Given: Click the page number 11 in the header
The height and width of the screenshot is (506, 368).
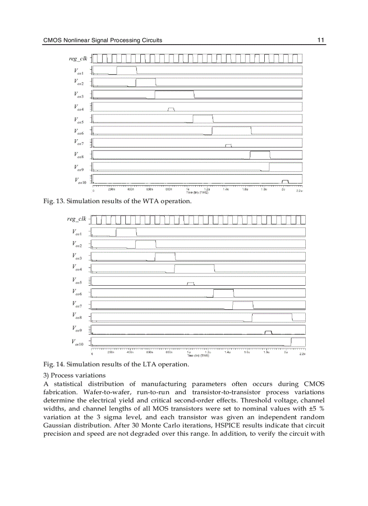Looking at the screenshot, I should coord(321,40).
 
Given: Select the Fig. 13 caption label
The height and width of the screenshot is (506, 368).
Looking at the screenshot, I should coord(53,201).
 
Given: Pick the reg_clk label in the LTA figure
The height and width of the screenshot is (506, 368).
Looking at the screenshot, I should coord(76,219).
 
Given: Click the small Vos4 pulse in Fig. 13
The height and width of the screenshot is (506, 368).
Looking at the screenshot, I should coord(171,109).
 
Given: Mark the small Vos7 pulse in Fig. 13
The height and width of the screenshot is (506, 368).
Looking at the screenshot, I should coord(229,145).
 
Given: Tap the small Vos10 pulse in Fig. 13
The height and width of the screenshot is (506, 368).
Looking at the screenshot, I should coord(285,181).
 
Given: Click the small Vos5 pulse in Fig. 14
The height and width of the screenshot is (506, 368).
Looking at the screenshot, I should coord(191,283).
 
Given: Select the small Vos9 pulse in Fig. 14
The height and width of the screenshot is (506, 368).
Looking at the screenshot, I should coord(268,332).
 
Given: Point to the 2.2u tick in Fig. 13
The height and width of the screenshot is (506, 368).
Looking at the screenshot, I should coord(299,191).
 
